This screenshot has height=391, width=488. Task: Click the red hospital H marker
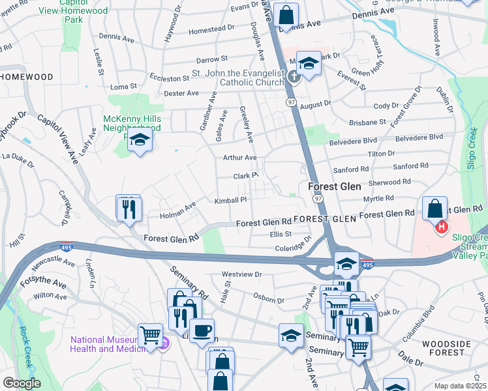pos(442,227)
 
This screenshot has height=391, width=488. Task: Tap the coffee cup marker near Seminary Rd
pos(202,331)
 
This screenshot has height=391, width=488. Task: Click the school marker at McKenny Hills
pos(140,140)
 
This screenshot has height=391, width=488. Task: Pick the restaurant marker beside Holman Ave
pos(129,209)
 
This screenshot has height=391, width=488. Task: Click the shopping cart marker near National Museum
pos(150,336)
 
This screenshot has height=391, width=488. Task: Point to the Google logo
pos(22,383)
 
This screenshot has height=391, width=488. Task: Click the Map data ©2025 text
pos(461,386)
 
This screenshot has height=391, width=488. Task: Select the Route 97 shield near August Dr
pos(292,102)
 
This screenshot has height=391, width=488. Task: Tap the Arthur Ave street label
pos(240,158)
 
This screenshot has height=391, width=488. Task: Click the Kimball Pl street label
pos(231,201)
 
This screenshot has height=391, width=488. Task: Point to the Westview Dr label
pos(241,275)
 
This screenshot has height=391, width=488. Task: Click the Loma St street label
pos(123,86)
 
